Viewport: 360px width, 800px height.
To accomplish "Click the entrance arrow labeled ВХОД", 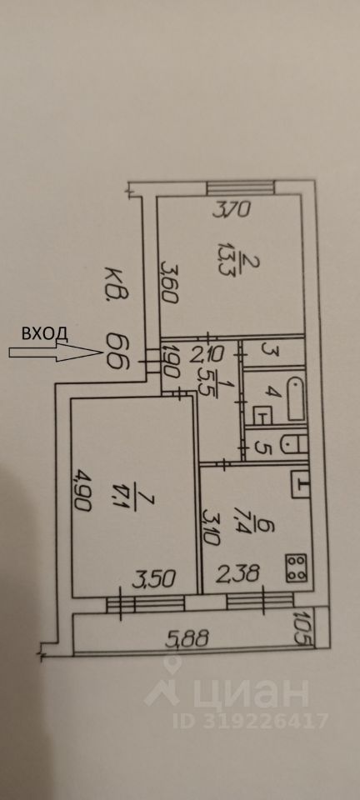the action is [55, 352].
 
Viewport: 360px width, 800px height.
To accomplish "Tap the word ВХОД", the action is [44, 332].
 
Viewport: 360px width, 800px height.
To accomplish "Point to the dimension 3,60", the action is [169, 282].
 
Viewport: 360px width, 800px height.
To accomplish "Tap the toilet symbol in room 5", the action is [295, 444].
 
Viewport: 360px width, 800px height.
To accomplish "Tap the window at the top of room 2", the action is [241, 187].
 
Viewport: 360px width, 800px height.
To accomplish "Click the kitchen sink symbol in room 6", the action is [301, 483].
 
